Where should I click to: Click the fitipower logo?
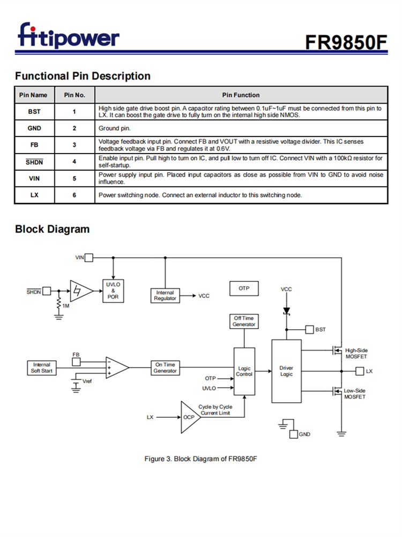pos(69,35)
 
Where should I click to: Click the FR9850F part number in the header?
pos(346,42)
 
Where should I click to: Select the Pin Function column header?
pos(241,95)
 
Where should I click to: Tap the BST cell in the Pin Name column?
pos(34,112)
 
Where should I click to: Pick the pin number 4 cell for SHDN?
pos(75,161)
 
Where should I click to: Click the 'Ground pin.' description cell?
pos(241,128)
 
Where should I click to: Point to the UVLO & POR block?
pos(113,290)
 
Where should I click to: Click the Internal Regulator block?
pos(165,295)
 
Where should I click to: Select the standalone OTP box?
pos(244,289)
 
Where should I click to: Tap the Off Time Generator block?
pos(244,321)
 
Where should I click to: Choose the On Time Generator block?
pos(165,368)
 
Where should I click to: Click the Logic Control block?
pos(244,372)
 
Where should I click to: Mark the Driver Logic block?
pos(286,371)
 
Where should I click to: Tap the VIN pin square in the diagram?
pos(89,258)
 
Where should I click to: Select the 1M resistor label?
pos(66,306)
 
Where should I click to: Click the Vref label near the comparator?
pos(87,381)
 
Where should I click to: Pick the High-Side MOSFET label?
pos(356,353)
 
